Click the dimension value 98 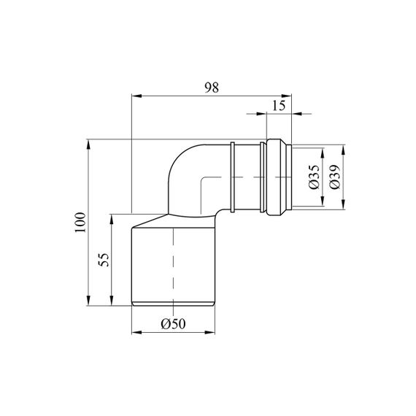(212, 88)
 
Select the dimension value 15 (279, 106)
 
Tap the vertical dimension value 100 (80, 223)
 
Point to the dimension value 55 (104, 260)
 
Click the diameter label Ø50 (174, 323)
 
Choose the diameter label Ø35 (315, 177)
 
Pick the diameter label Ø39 (335, 177)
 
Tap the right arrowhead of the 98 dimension (287, 96)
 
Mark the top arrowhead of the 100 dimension (88, 145)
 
